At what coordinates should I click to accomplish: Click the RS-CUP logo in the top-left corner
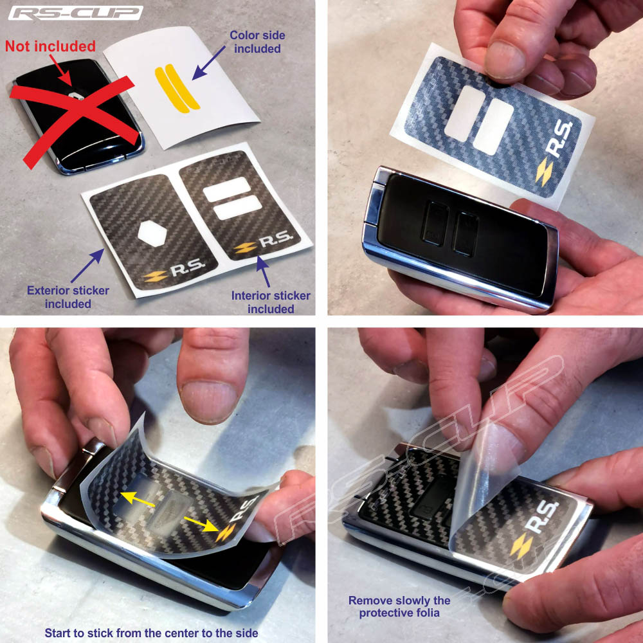click(76, 13)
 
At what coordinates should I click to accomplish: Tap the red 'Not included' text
click(50, 46)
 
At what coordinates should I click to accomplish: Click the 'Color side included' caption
click(258, 42)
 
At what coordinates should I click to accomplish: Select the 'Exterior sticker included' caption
click(68, 297)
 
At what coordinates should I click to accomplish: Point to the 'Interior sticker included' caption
click(271, 302)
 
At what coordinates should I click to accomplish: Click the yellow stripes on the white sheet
click(177, 89)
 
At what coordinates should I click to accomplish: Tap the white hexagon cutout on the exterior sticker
click(152, 234)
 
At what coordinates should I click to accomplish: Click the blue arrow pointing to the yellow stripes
click(208, 62)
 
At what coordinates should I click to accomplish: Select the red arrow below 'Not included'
click(60, 70)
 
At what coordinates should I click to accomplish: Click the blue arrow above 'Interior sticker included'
click(263, 271)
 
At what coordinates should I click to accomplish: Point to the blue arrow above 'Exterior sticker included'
click(87, 266)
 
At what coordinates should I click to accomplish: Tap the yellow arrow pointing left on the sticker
click(138, 500)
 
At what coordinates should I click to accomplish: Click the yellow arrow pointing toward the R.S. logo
click(201, 524)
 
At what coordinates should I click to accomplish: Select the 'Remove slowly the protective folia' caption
click(399, 606)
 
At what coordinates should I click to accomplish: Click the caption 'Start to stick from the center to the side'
click(151, 633)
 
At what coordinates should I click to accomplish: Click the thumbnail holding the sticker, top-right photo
click(504, 59)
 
